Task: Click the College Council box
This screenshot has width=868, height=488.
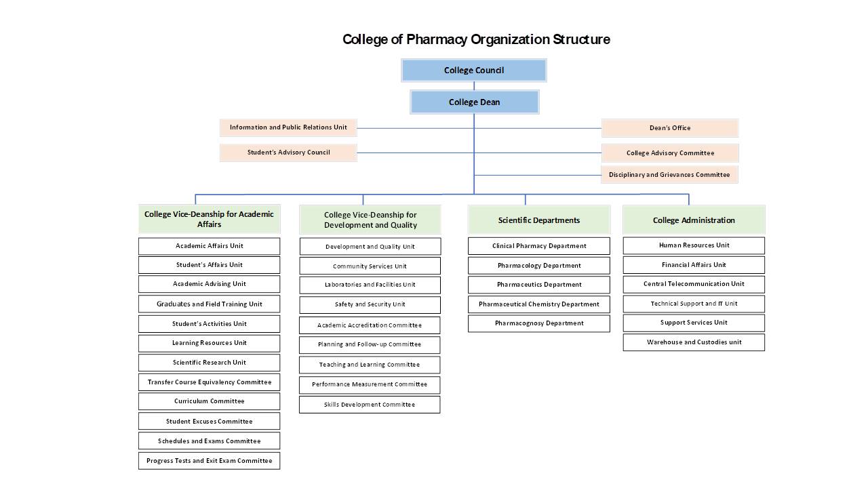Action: tap(473, 70)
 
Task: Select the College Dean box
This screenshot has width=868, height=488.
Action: tap(474, 102)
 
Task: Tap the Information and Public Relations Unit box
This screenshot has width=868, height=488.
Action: tap(288, 127)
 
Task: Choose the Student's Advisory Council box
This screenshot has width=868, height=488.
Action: tap(288, 152)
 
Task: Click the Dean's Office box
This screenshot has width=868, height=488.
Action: tap(669, 128)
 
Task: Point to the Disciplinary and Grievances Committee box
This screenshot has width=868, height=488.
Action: tap(669, 175)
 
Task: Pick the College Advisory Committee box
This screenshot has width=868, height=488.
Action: tap(669, 153)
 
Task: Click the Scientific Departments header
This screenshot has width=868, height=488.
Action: tap(538, 220)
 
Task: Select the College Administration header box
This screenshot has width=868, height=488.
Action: tap(694, 220)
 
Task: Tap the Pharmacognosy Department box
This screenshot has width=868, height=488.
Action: tap(538, 323)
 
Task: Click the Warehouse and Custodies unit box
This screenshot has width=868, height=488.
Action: tap(694, 342)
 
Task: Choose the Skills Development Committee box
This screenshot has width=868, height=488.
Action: tap(370, 405)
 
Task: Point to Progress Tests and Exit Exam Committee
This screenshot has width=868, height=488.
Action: tap(209, 461)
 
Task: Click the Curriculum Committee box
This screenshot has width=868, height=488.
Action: tap(209, 401)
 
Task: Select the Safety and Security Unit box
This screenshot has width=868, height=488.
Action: tap(370, 305)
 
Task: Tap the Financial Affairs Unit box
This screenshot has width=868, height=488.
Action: tap(694, 265)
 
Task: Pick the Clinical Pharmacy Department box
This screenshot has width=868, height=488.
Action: tap(538, 246)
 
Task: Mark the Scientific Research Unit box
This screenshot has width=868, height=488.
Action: tap(209, 363)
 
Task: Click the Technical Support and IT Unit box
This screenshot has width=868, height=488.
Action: tap(694, 304)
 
